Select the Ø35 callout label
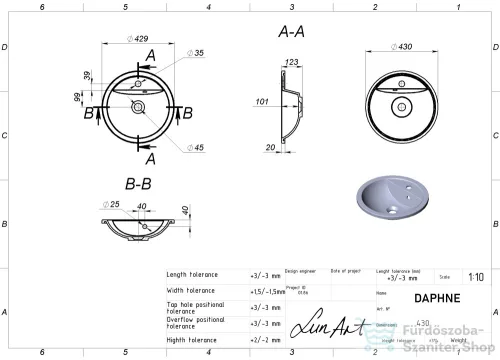click(197, 52)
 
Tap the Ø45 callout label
click(197, 149)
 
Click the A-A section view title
click(292, 32)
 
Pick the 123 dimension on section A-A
click(291, 64)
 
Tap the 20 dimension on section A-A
click(270, 147)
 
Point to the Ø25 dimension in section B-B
click(113, 205)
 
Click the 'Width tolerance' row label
click(192, 291)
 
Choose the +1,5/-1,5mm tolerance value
click(264, 292)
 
